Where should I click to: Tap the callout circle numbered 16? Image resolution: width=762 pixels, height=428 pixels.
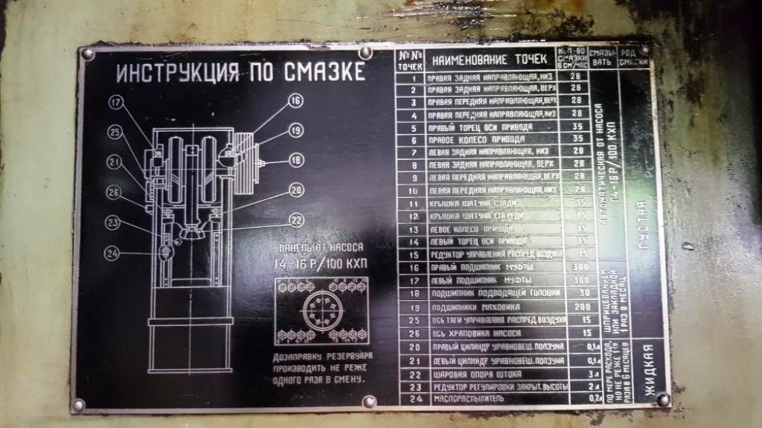point(295,100)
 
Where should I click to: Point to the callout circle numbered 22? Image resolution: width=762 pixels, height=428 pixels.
point(296,220)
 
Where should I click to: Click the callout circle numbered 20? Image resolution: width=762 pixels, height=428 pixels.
point(296,191)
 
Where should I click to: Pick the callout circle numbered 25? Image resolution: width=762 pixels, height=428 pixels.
point(114,132)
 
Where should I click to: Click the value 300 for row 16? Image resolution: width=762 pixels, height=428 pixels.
point(576,266)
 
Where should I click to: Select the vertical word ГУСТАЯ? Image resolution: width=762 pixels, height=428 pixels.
point(641,224)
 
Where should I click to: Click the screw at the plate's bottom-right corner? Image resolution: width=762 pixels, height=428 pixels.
point(662,400)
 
